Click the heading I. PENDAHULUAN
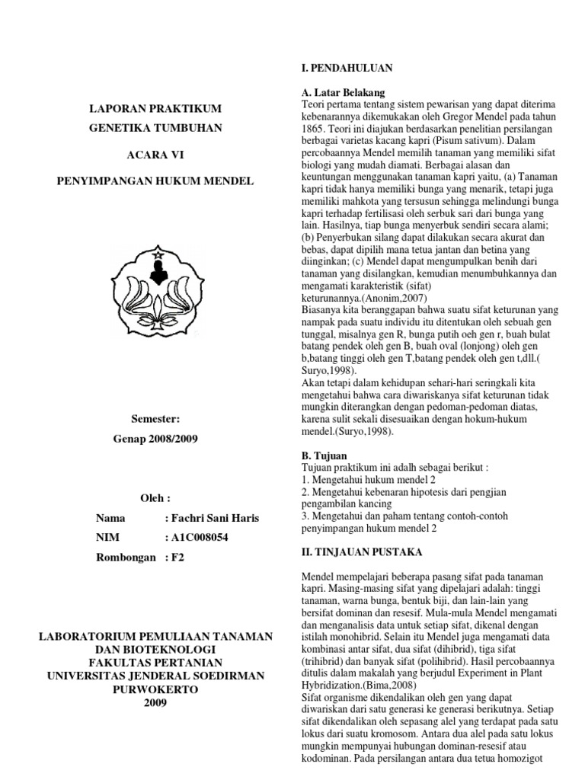click(347, 68)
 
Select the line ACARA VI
click(155, 154)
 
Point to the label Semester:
click(155, 420)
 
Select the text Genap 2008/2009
click(155, 440)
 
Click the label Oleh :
click(155, 498)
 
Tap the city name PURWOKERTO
click(155, 689)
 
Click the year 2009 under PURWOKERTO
click(155, 702)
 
